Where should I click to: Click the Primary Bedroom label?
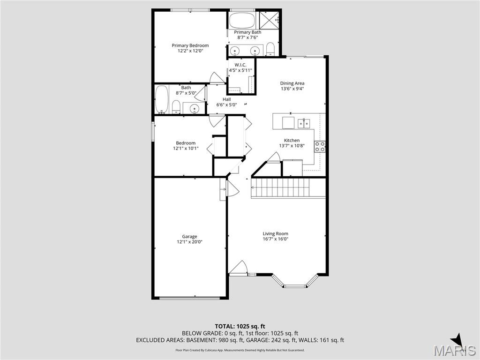(190, 45)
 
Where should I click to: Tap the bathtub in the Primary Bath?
(242, 21)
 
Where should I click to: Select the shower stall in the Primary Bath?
(269, 20)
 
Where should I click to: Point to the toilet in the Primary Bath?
(270, 49)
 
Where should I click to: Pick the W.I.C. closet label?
(240, 65)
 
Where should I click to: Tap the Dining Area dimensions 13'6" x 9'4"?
(292, 89)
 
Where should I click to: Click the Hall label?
(226, 99)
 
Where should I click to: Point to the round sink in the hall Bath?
(194, 108)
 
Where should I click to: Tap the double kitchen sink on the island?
(304, 123)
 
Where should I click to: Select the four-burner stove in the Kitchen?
(320, 146)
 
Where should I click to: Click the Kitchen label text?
(292, 140)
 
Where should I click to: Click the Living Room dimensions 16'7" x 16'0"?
(275, 239)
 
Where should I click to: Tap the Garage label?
(189, 236)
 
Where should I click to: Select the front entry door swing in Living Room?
(238, 268)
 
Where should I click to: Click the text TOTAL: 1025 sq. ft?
(240, 326)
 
